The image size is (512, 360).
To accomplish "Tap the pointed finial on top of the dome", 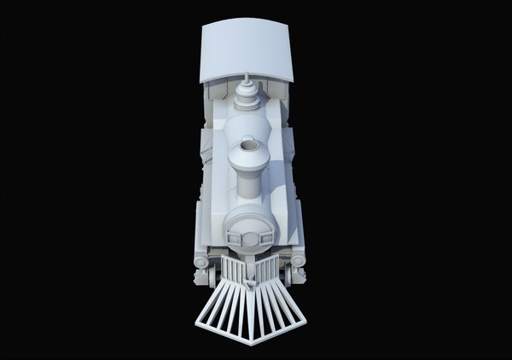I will pyautogui.click(x=247, y=79).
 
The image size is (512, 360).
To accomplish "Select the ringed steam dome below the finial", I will pyautogui.click(x=248, y=101).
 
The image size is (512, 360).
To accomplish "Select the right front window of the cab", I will pyautogui.click(x=278, y=90).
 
